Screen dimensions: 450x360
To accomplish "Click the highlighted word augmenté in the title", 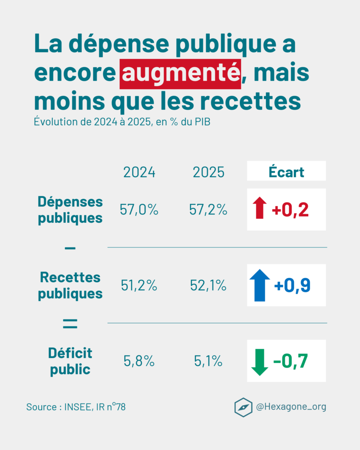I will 180,73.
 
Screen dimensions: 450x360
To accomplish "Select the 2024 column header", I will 139,172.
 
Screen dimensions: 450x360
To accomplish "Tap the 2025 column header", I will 209,172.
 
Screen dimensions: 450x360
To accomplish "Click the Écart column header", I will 286,172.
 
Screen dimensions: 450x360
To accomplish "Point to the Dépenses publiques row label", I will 70,210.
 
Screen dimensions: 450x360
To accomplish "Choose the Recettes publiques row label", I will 70,285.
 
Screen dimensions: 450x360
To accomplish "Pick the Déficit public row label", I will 70,361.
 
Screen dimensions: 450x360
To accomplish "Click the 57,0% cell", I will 139,210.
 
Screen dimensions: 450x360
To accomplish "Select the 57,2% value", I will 209,210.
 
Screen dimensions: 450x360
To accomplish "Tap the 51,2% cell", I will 139,286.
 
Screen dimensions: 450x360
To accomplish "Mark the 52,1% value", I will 209,286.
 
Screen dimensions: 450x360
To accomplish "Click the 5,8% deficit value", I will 139,361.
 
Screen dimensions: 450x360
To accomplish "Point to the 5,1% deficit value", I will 209,361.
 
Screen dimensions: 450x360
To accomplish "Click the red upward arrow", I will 259,208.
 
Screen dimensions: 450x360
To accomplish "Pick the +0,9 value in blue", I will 292,286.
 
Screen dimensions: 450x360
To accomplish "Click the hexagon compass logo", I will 243,407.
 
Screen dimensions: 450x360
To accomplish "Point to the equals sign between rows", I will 70,325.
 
